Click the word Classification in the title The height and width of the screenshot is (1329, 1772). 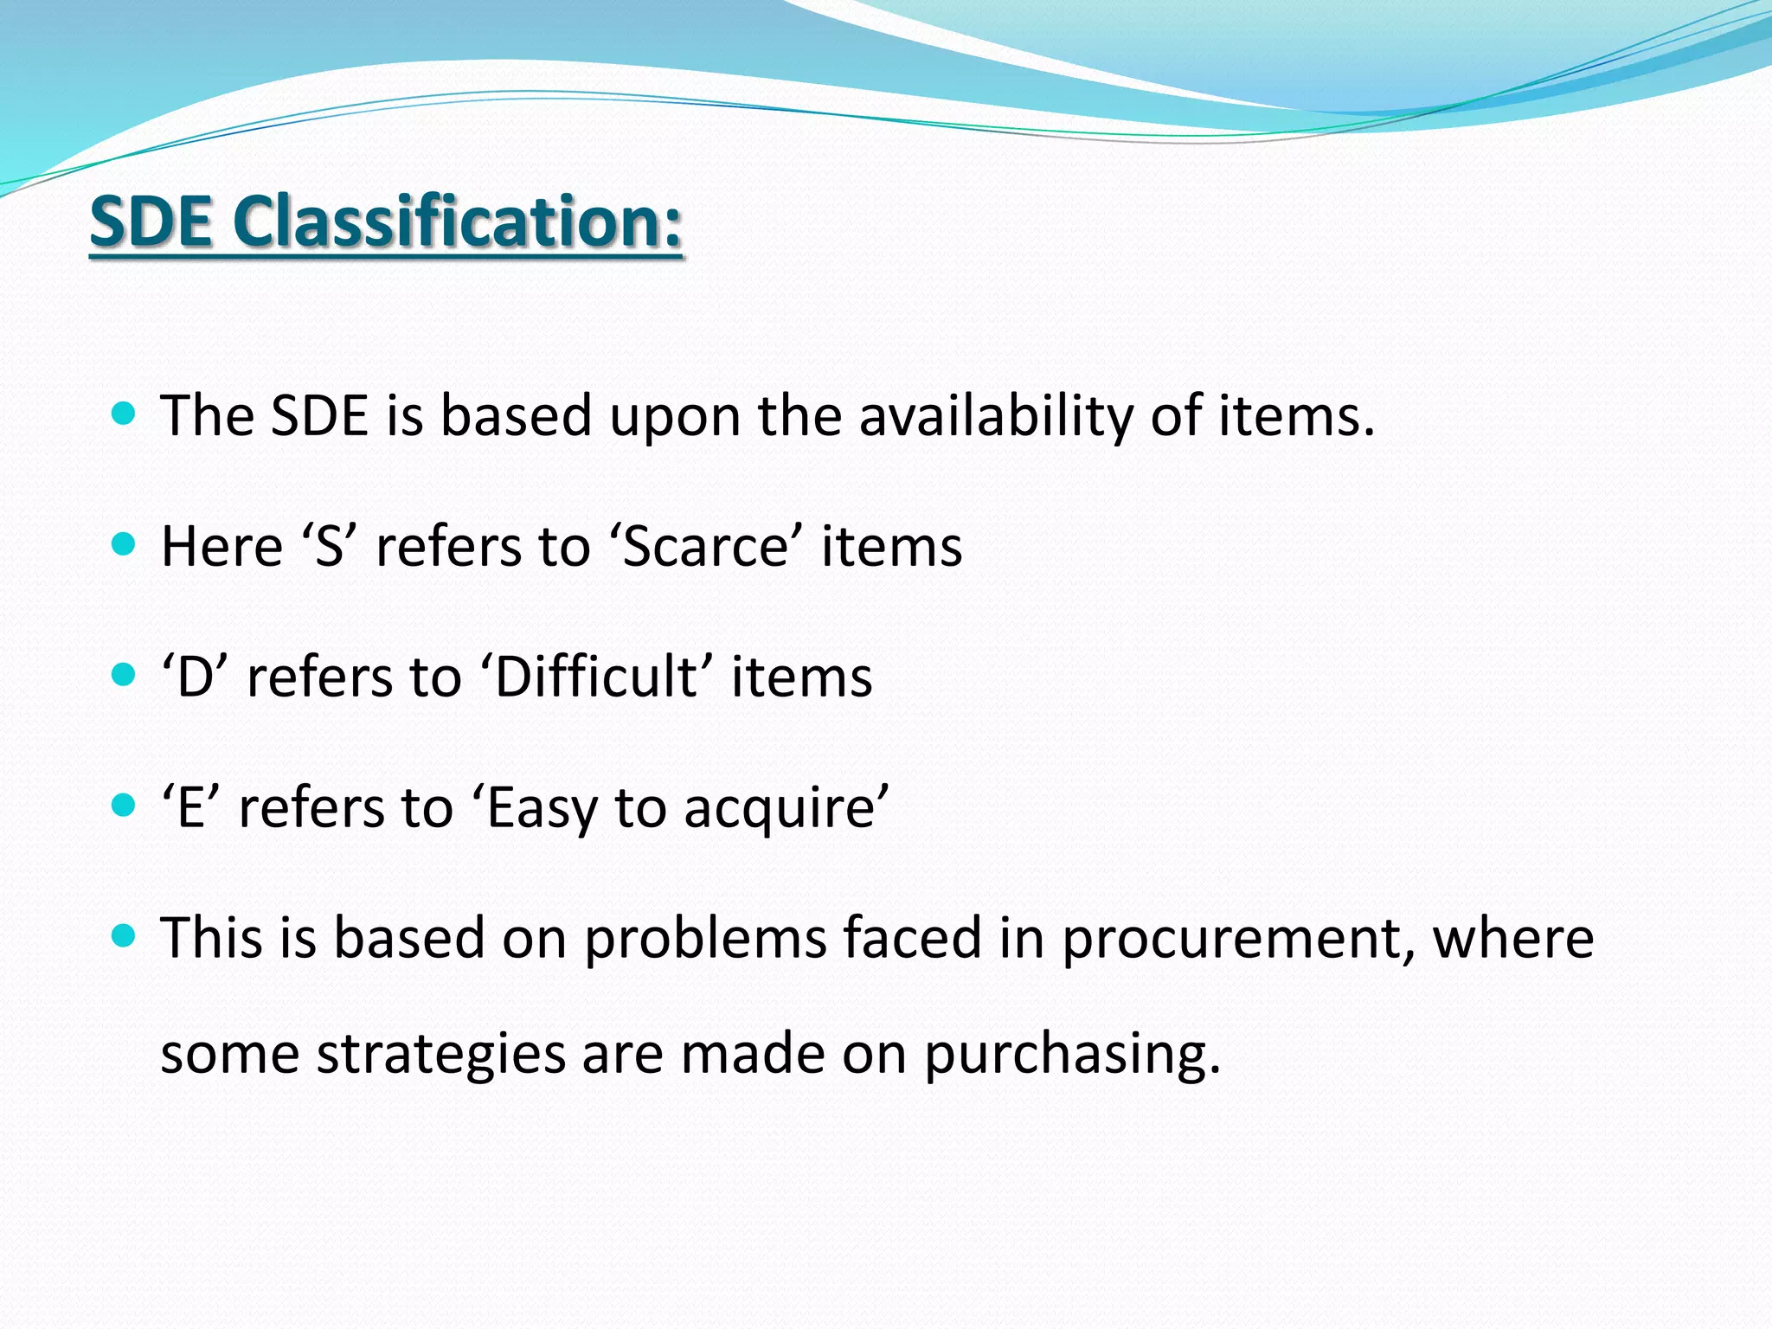(459, 221)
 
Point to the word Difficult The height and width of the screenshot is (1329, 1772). (595, 677)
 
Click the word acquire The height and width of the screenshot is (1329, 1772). (779, 809)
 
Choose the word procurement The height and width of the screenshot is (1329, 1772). (1238, 940)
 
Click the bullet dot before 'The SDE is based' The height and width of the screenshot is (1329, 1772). (125, 414)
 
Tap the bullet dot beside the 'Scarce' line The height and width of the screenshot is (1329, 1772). (125, 544)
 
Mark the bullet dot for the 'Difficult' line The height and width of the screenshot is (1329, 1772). (125, 675)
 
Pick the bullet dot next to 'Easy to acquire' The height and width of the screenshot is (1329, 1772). (125, 806)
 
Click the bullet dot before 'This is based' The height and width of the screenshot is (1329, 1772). (125, 936)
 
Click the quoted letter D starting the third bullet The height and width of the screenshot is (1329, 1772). (195, 677)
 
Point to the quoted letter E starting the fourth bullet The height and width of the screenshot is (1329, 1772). (190, 809)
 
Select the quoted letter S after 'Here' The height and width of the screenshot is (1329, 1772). (329, 547)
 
